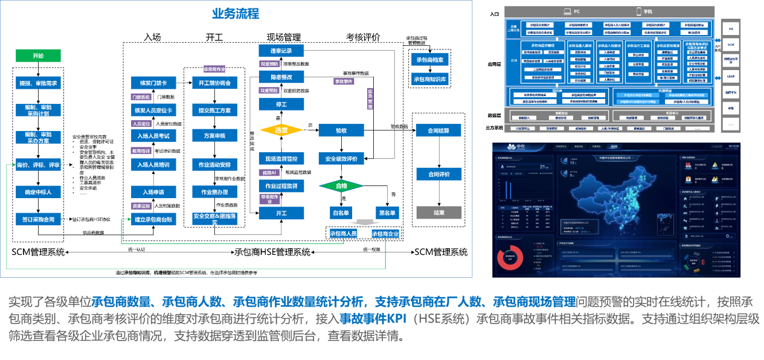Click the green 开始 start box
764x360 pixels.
38,56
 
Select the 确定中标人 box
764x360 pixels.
38,192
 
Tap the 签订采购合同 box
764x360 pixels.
38,219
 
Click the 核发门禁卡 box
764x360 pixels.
153,83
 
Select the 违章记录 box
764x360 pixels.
281,51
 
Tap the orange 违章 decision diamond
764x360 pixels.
281,130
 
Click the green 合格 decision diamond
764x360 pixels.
341,186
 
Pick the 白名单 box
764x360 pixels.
341,213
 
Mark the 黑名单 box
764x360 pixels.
387,213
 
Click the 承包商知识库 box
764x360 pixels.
430,79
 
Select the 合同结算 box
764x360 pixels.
438,130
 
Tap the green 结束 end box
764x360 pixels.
438,213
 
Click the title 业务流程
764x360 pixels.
236,13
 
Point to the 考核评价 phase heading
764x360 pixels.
363,37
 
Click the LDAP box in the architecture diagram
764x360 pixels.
730,76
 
